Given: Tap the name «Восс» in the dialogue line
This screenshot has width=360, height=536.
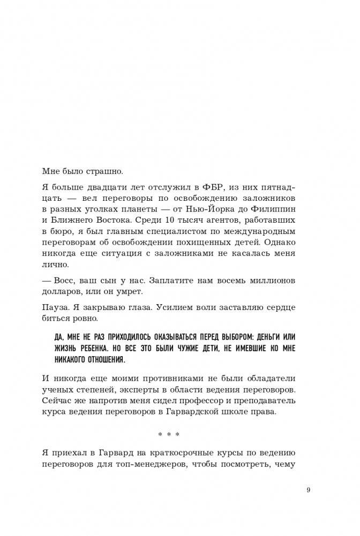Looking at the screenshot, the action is click(62, 280).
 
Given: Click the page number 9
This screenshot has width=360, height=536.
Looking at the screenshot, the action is click(308, 490).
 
